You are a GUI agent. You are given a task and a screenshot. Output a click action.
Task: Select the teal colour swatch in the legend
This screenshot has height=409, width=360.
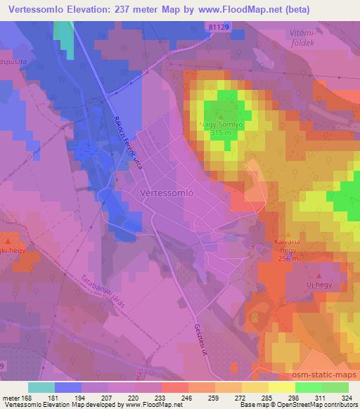pyautogui.click(x=41, y=387)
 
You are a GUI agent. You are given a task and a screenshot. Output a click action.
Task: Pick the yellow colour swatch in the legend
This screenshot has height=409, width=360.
pyautogui.click(x=282, y=387)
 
